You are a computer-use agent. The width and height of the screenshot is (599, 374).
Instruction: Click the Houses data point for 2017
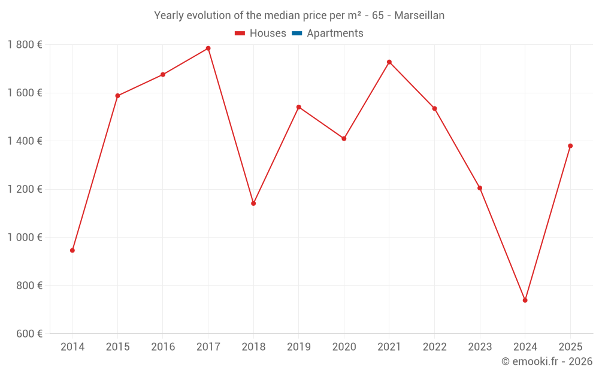[208, 48]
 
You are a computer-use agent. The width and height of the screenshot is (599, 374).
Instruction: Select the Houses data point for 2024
[525, 300]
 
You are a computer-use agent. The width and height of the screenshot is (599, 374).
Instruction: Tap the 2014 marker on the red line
[72, 250]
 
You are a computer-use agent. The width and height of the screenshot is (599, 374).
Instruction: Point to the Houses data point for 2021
[389, 62]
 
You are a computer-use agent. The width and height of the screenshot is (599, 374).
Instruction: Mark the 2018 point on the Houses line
[253, 203]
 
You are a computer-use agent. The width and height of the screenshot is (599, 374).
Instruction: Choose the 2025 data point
[570, 146]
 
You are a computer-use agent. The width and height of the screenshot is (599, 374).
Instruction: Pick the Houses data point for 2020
[344, 139]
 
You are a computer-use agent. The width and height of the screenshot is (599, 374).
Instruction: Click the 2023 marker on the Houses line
[480, 188]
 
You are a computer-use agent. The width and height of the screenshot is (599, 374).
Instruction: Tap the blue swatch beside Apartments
[297, 34]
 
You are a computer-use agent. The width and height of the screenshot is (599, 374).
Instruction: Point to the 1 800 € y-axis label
[25, 45]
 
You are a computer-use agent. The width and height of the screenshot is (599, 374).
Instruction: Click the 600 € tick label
[28, 334]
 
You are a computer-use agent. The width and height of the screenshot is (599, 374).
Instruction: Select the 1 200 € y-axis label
[25, 189]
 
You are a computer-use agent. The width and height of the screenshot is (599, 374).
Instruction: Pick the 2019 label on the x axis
[299, 347]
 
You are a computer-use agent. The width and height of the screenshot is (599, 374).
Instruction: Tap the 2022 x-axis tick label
[435, 347]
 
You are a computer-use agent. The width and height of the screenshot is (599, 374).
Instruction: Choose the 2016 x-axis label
[163, 347]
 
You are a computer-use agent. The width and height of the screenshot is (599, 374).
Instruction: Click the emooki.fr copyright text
[547, 361]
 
